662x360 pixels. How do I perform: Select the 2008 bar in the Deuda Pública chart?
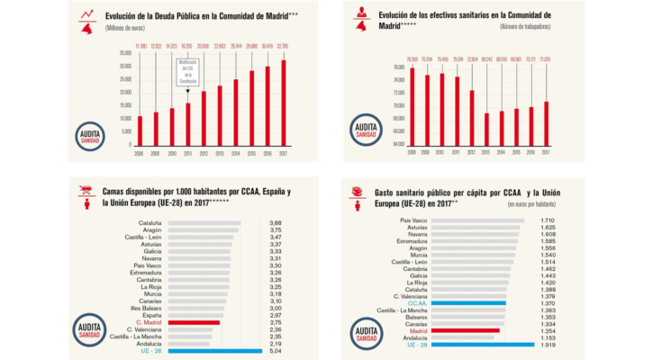(140, 130)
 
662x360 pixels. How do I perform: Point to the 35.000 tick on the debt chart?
(124, 53)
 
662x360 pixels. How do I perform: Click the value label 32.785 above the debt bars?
(284, 46)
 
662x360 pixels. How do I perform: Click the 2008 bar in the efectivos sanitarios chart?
(412, 106)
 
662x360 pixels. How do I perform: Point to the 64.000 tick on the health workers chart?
(398, 143)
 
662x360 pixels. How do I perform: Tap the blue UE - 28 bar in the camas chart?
(202, 351)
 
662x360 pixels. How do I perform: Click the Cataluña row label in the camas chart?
(150, 222)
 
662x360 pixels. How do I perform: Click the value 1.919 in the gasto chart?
(547, 345)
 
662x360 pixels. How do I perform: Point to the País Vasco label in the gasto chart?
(413, 220)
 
